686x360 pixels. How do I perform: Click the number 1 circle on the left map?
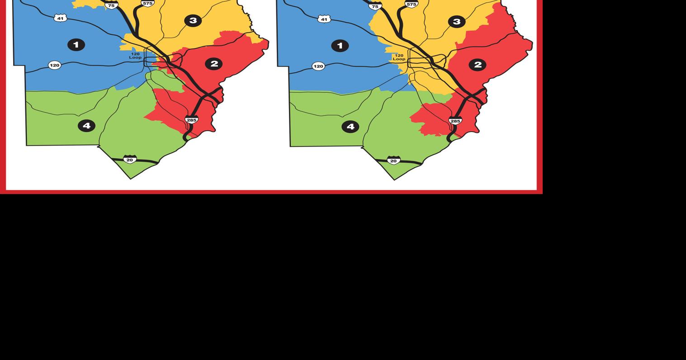(76, 45)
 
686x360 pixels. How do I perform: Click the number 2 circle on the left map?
(214, 64)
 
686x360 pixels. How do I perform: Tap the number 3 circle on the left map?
(193, 20)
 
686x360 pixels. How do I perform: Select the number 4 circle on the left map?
(86, 126)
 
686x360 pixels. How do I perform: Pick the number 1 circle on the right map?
(340, 46)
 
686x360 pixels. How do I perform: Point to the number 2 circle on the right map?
(478, 65)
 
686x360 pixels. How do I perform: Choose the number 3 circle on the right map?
(457, 22)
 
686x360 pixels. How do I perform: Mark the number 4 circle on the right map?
(350, 127)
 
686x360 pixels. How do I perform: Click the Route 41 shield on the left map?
(60, 18)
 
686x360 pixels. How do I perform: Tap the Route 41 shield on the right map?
(324, 19)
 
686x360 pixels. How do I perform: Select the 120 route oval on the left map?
(54, 65)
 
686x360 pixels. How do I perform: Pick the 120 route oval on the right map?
(318, 66)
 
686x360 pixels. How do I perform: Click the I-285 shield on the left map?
(191, 120)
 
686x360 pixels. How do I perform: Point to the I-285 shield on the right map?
(455, 121)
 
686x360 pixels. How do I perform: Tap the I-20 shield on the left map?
(130, 160)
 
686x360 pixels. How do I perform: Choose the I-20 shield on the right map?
(393, 161)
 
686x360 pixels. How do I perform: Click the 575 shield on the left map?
(147, 3)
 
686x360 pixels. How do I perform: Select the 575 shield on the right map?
(411, 4)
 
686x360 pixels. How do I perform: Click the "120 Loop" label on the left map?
(135, 56)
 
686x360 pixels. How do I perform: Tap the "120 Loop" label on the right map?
(399, 57)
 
